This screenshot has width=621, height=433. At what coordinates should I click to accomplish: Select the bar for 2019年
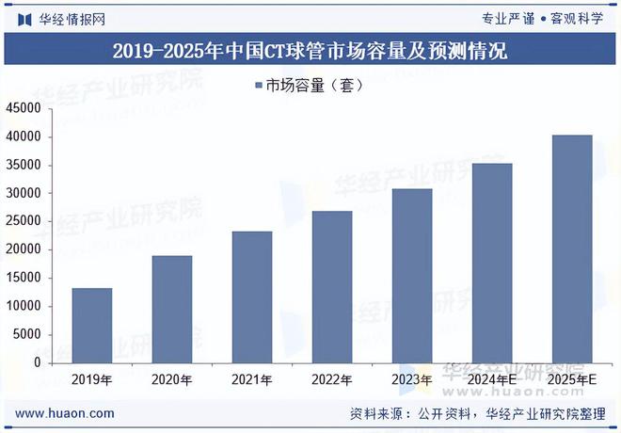[91, 325]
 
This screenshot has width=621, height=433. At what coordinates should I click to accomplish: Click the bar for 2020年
[172, 309]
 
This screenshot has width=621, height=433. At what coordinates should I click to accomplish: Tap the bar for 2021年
[252, 297]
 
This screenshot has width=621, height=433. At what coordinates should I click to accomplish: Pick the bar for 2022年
[332, 286]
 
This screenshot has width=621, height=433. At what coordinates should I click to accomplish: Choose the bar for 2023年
[412, 275]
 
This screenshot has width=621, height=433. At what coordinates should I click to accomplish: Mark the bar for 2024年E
[492, 263]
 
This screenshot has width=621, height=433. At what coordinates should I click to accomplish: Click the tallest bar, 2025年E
[572, 249]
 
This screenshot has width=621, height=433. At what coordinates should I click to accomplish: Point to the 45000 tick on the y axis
[24, 109]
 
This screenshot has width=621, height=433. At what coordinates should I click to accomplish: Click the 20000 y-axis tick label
[24, 250]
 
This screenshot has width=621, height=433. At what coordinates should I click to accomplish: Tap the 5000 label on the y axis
[27, 335]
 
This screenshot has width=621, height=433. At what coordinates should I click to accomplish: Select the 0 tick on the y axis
[38, 363]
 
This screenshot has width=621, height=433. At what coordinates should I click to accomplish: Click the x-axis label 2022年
[332, 379]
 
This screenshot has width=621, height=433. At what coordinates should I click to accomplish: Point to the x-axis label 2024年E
[492, 379]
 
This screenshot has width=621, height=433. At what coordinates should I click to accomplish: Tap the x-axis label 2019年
[91, 379]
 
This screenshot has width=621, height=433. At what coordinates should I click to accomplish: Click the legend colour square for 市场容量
[260, 85]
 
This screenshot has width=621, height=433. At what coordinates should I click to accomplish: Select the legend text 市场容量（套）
[314, 85]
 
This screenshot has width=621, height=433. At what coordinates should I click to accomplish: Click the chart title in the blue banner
[310, 51]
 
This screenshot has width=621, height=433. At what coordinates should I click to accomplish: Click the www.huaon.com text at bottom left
[66, 413]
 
